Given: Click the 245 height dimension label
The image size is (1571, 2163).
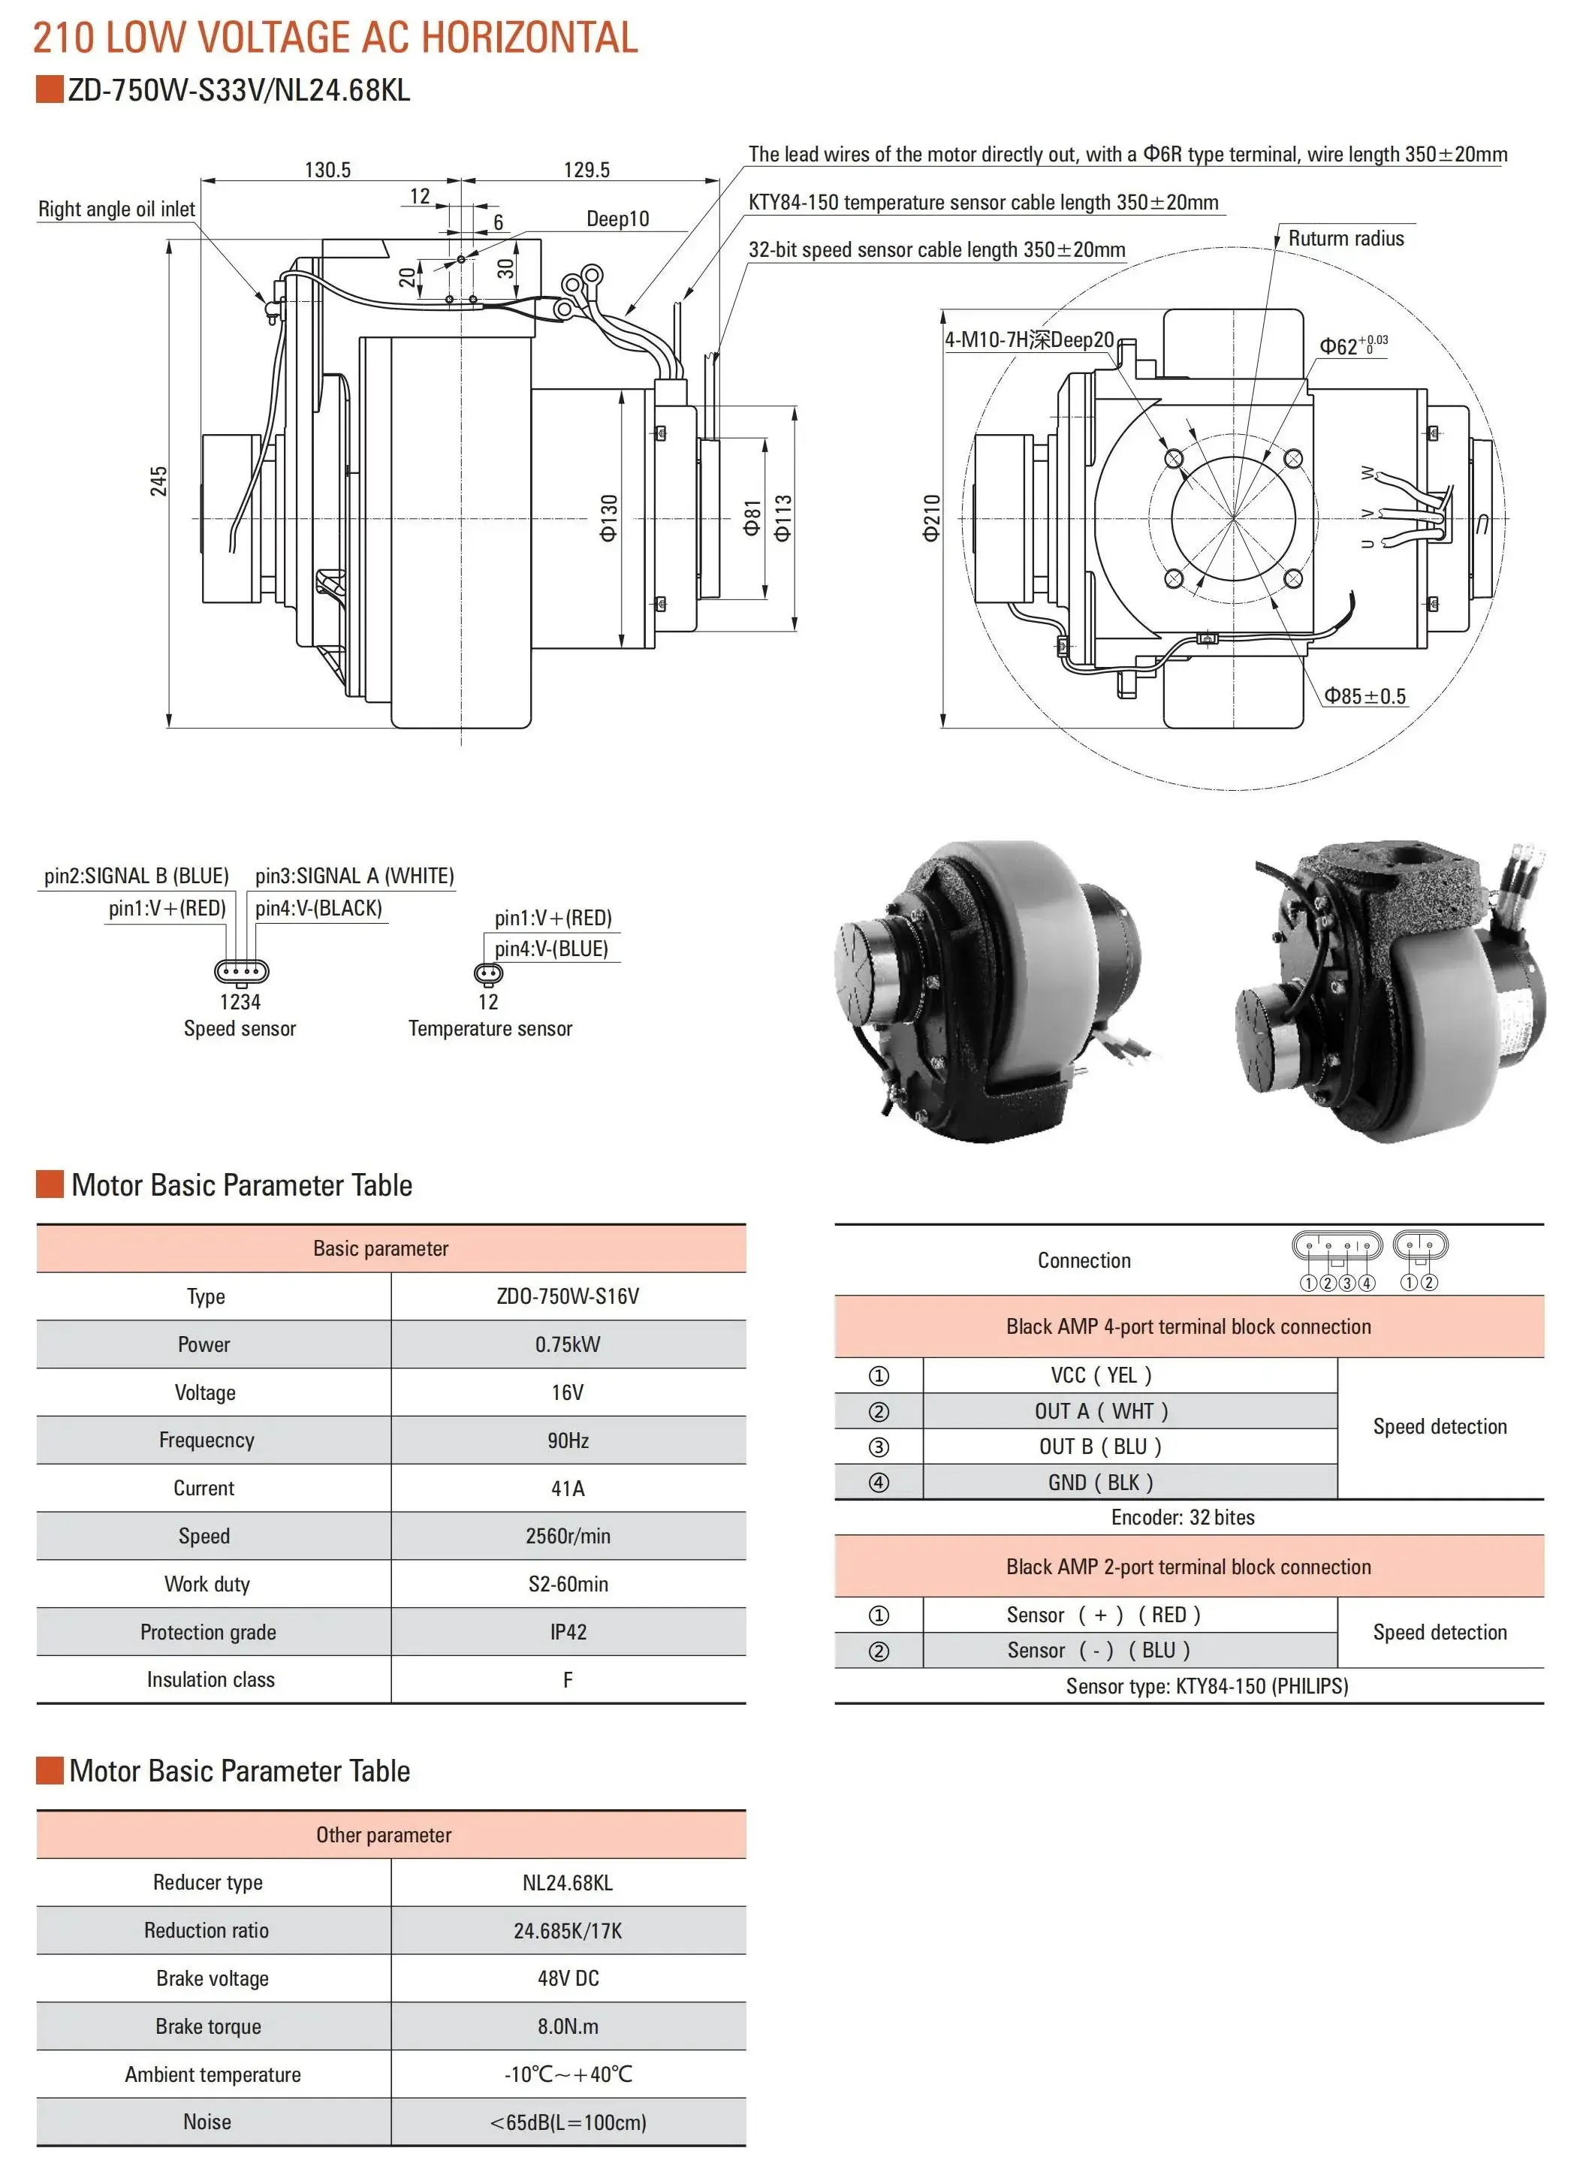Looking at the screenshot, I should (158, 481).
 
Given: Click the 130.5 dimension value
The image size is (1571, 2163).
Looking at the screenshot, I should (327, 170).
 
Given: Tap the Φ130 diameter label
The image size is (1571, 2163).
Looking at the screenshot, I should (608, 518).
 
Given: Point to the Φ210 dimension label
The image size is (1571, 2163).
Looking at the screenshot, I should (932, 518).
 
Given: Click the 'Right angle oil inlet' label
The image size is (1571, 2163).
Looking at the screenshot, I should (116, 209).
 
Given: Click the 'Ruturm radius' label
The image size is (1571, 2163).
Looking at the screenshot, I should (1345, 238).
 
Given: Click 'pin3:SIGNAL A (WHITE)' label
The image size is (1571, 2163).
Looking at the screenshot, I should (354, 876).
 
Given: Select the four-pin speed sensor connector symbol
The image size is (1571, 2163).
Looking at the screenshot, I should (241, 972).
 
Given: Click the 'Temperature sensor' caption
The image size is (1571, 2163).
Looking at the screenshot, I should (490, 1028).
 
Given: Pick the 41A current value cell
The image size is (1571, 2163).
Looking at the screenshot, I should (568, 1488).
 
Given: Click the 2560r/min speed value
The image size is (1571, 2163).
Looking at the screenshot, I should (568, 1535).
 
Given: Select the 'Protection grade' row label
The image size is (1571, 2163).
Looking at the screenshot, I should (208, 1632).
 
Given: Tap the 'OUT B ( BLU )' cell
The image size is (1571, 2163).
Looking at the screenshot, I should (1100, 1447).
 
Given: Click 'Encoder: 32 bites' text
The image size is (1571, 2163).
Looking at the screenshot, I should (1182, 1517).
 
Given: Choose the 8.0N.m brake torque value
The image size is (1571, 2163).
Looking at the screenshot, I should (568, 2026).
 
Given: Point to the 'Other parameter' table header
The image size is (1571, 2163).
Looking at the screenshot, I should (384, 1835).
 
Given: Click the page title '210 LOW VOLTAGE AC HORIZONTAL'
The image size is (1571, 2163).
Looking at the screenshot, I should (335, 38).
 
